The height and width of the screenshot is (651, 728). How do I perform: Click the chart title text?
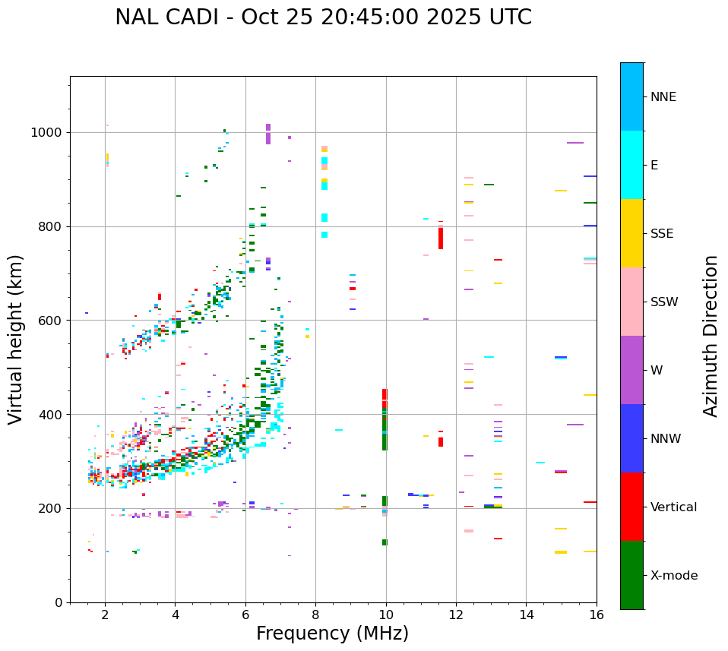[323, 17]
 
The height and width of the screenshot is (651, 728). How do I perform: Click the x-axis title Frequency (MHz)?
[332, 634]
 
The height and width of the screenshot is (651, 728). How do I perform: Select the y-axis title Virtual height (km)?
[16, 340]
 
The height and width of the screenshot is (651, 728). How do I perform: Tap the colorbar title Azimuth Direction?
[711, 336]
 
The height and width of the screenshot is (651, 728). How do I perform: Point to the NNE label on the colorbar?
[663, 97]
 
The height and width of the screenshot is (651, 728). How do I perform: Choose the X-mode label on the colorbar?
[673, 576]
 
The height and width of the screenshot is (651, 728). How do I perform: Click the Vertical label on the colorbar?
[673, 507]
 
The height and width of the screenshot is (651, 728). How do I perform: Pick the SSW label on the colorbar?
[664, 302]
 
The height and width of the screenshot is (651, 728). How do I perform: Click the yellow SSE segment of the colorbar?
[631, 232]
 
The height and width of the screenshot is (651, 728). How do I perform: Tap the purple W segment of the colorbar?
[631, 369]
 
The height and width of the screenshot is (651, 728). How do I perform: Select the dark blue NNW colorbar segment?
[631, 438]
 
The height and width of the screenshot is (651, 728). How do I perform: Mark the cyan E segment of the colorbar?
[631, 164]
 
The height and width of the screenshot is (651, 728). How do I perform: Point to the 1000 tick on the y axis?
[50, 133]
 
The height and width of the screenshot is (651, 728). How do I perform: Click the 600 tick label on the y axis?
[53, 321]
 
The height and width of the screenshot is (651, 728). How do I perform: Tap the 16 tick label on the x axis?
[597, 615]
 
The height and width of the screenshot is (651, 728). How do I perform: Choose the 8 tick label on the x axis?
[315, 615]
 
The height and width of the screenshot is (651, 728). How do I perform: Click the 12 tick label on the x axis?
[456, 615]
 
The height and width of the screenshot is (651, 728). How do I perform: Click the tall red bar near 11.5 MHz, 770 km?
[441, 238]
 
